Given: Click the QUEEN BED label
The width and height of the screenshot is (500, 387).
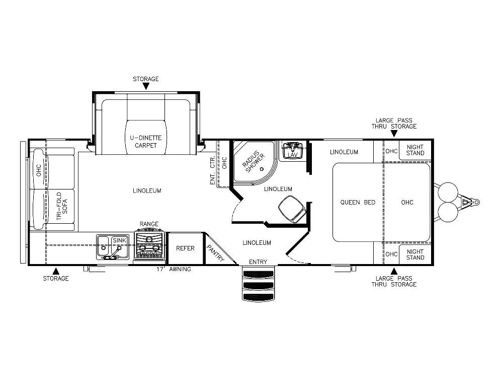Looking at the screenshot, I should [358, 203].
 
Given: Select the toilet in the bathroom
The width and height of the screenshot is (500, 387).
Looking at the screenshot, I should [291, 208].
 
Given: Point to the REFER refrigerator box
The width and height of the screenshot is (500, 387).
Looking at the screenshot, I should [185, 248].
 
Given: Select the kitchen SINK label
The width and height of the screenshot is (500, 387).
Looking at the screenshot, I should [119, 241].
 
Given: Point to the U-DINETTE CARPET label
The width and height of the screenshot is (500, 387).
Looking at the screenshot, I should [145, 142].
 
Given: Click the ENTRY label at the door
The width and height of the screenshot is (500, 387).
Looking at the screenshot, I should [259, 262].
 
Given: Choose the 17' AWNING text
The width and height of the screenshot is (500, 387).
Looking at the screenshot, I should [174, 269].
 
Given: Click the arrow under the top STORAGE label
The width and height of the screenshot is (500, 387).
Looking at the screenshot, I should [146, 86].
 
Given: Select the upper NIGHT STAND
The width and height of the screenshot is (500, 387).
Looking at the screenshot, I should [415, 150].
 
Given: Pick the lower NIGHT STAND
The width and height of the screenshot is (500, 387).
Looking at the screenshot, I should [415, 254].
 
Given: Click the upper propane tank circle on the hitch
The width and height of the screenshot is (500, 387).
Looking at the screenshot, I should [448, 192].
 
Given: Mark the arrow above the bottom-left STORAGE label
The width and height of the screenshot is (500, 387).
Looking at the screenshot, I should [56, 271].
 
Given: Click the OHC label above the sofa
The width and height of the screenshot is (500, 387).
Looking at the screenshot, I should [39, 171].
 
